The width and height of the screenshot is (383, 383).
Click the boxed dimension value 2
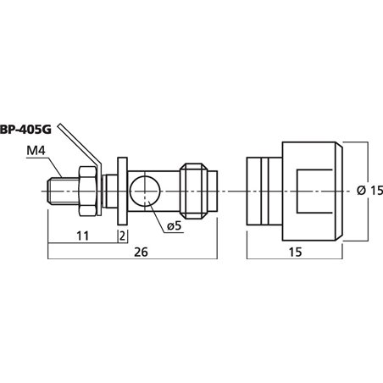pyautogui.click(x=123, y=235)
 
